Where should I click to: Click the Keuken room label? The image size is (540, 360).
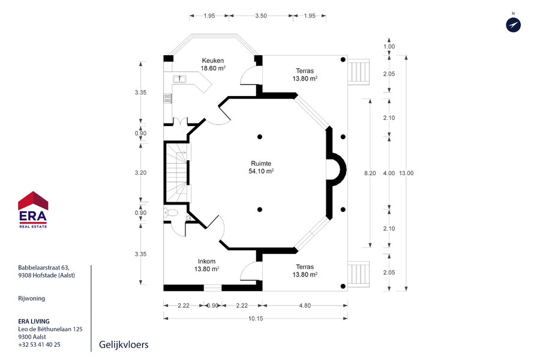213,61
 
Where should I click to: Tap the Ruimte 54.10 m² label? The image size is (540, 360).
261,167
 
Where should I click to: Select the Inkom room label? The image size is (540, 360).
206,262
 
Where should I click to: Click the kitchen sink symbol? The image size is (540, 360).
179,79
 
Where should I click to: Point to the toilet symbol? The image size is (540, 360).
170,212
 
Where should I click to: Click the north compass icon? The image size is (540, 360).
513,25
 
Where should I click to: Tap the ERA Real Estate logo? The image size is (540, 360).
33,209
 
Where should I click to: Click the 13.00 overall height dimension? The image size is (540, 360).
406,173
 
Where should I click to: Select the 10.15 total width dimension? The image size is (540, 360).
256,319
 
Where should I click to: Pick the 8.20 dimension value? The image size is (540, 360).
370,173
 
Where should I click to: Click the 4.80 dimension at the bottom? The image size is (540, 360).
305,305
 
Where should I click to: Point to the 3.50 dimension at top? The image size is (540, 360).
261,16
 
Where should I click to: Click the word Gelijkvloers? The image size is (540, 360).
124,345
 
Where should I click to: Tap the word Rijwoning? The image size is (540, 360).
31,299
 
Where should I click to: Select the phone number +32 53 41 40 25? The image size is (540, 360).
39,344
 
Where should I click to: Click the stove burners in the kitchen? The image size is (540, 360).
167,98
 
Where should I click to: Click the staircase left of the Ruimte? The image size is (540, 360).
178,173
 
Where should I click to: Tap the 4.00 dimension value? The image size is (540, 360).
389,173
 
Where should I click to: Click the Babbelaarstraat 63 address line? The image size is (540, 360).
44,268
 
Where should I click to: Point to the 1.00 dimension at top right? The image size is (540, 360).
389,47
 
